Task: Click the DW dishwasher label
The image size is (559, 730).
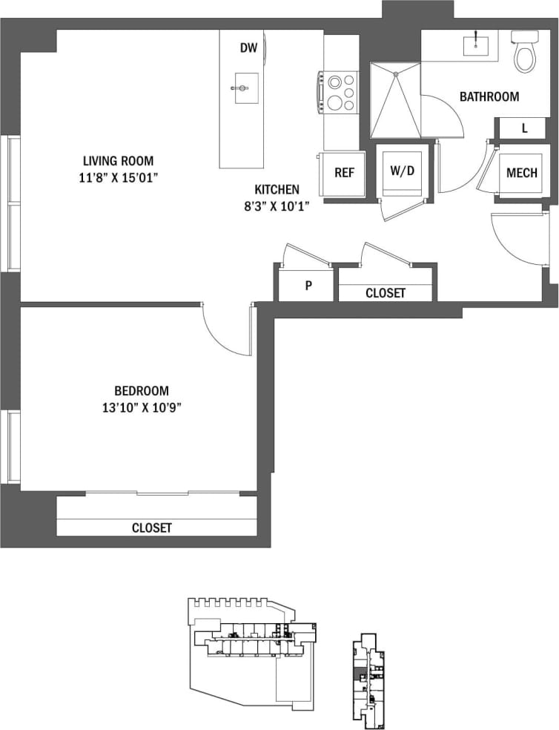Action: click(x=248, y=49)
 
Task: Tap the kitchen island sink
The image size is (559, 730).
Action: click(x=242, y=88)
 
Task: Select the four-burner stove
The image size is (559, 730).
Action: click(x=340, y=92)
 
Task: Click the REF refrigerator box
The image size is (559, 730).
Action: click(x=344, y=173)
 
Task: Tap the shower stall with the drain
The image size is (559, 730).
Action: click(x=395, y=100)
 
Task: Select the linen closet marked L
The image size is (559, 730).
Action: click(x=524, y=128)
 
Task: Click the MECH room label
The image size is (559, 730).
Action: click(x=521, y=174)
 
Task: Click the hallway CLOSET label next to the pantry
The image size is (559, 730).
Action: click(x=386, y=293)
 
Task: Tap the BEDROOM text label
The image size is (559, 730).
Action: click(x=141, y=390)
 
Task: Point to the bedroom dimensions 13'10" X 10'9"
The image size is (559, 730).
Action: click(x=141, y=407)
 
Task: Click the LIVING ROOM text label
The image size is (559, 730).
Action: click(x=118, y=160)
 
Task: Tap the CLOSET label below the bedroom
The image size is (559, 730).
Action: click(x=151, y=527)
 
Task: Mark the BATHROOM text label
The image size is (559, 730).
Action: click(x=489, y=96)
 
